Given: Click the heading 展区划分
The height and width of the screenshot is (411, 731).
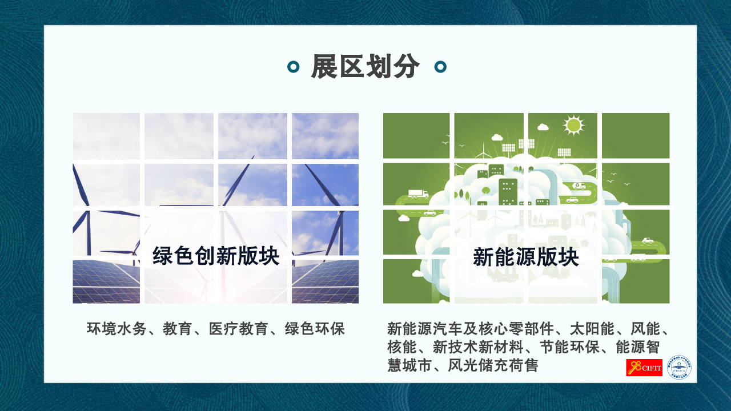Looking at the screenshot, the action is click(365, 67).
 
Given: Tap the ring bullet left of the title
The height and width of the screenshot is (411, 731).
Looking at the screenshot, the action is click(293, 67).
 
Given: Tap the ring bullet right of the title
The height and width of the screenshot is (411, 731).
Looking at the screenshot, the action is click(440, 67).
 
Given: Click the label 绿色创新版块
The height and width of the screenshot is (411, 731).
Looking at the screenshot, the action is click(216, 256).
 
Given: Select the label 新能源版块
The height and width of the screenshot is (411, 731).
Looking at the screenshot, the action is click(526, 257).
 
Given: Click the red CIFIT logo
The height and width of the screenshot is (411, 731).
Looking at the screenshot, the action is click(644, 368).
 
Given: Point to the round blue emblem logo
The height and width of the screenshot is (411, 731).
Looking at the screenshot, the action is click(679, 367).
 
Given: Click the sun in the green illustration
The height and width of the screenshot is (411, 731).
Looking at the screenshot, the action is click(573, 125).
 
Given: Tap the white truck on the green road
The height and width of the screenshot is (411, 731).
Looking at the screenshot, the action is click(418, 194).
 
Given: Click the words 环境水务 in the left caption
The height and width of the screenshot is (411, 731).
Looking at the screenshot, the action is click(117, 329).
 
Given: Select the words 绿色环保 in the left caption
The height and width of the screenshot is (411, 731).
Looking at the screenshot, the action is click(315, 329).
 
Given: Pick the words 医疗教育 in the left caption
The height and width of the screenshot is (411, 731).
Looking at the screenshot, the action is click(239, 329).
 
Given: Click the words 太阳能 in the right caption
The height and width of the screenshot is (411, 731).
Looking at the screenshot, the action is click(592, 329).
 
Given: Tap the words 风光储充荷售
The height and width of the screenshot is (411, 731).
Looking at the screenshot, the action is click(493, 365).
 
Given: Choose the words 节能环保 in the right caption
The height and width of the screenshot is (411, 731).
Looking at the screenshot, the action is click(569, 347).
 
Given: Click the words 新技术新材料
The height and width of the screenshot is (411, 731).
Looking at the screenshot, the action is click(478, 347).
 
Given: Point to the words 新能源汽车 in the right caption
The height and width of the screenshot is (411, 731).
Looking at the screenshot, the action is click(425, 329).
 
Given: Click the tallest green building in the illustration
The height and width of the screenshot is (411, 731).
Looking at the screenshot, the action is click(508, 191).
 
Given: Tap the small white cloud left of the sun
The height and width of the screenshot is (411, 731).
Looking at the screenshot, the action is click(543, 127).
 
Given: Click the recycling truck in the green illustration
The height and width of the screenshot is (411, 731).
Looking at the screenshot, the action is click(579, 186).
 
